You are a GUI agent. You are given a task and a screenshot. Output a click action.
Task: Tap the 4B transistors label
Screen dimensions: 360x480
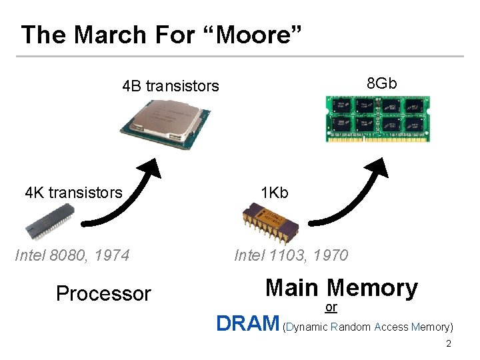coord(171,86)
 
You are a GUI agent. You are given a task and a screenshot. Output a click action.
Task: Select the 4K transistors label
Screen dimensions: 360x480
coord(73,193)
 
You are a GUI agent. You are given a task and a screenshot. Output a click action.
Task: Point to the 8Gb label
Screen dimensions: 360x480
coord(382,83)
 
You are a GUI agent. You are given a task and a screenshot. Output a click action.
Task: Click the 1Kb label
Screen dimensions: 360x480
coord(275,193)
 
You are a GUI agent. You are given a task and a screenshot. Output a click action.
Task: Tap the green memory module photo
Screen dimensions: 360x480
coord(377,119)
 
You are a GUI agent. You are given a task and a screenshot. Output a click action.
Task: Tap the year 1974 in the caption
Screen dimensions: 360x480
coord(113,255)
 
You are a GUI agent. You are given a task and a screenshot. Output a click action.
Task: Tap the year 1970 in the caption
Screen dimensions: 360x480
coord(331,255)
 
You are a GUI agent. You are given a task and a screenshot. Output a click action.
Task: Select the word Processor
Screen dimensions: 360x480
coord(103,293)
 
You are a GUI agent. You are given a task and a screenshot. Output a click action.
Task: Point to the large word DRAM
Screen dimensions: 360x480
coord(248,324)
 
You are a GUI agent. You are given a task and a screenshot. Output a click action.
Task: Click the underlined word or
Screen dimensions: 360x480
coord(331,307)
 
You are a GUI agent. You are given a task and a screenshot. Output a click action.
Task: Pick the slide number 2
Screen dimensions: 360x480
coord(449,344)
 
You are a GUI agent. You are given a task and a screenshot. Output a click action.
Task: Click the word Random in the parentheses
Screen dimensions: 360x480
coord(351,327)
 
